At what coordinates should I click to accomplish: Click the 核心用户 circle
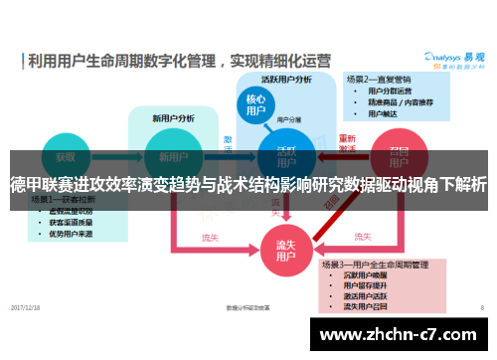(x=255, y=105)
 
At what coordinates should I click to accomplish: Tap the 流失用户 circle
(x=284, y=250)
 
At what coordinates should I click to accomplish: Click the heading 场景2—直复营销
(x=379, y=77)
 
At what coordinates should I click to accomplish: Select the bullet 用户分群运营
(x=390, y=90)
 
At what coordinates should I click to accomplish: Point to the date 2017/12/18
(x=27, y=307)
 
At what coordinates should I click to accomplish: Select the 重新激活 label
(x=347, y=143)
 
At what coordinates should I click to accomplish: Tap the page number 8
(x=481, y=307)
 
